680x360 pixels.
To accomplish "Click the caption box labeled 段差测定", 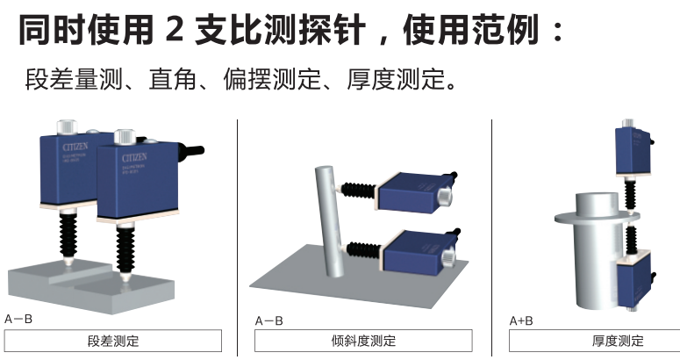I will click(114, 341).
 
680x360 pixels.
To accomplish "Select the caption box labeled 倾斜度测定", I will click(364, 341).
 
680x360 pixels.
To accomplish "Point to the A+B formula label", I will click(521, 320).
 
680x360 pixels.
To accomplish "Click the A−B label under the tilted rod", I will click(268, 320).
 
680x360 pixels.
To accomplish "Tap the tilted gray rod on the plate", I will click(327, 220).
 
